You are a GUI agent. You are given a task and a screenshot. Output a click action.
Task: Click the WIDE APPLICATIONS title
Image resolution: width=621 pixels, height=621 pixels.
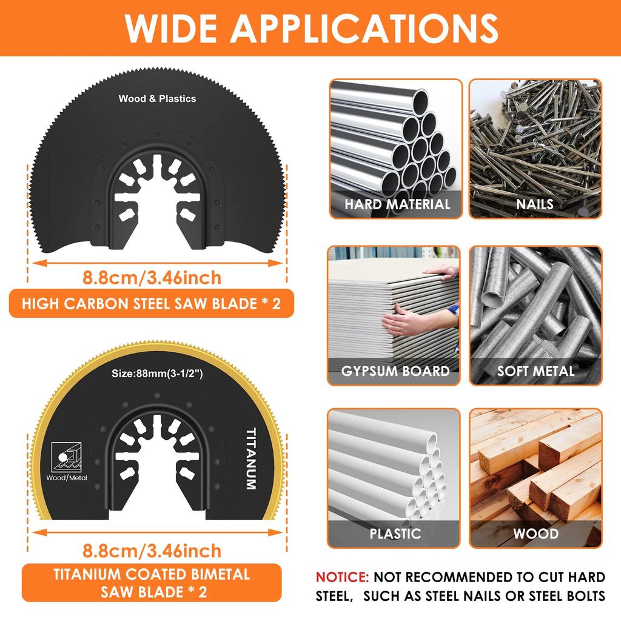click(x=310, y=27)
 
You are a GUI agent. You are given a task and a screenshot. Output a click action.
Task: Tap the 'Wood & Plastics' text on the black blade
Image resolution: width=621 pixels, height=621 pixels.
click(x=157, y=98)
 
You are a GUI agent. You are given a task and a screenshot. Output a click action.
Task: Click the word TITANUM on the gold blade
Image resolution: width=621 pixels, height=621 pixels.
click(x=250, y=459)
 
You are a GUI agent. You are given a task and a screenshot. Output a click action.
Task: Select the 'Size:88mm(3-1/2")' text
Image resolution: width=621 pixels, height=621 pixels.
click(x=157, y=374)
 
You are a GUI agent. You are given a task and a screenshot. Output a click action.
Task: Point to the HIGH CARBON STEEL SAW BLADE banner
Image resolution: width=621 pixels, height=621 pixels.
click(x=151, y=304)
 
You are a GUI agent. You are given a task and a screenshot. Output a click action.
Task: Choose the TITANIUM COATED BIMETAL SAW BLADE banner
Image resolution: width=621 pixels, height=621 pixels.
click(x=151, y=582)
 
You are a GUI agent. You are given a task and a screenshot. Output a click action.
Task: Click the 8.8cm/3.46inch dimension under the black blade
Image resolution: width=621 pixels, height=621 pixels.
click(x=152, y=278)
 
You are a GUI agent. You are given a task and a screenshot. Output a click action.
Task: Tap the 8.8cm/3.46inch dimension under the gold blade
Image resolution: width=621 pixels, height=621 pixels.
click(x=152, y=551)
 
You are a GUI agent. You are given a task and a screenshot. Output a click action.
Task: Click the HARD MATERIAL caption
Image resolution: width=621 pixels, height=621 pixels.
click(x=397, y=204)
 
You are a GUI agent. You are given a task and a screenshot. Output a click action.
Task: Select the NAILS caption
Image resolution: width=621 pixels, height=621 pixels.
click(x=535, y=204)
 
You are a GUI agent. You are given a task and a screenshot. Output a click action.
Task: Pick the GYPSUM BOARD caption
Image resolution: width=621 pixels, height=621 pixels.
click(x=395, y=371)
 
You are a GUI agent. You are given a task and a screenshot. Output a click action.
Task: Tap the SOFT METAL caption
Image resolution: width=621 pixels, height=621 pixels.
click(x=535, y=371)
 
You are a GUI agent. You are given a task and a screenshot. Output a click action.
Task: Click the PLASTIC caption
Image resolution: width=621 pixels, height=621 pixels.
click(x=395, y=534)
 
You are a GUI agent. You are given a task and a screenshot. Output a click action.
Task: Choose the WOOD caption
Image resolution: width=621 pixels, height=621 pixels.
click(x=535, y=534)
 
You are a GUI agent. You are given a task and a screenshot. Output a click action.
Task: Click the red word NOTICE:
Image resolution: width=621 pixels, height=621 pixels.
click(x=341, y=577)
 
